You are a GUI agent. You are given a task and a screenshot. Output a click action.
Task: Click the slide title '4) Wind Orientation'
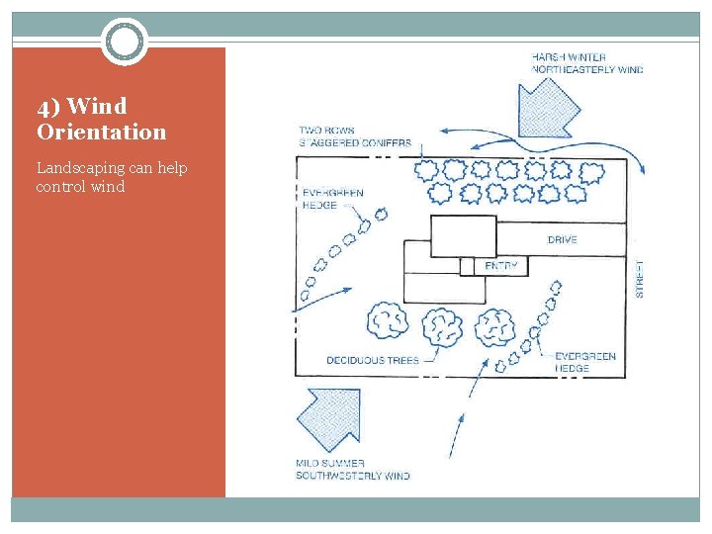(101, 119)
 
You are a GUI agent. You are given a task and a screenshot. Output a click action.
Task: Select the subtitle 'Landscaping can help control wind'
(111, 177)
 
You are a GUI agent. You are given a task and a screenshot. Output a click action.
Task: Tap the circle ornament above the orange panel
(125, 42)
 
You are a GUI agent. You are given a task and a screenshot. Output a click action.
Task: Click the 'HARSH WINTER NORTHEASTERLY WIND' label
(586, 63)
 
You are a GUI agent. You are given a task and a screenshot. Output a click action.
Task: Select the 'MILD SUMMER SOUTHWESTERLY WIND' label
(352, 470)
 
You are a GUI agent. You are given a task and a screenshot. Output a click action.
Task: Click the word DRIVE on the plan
(562, 240)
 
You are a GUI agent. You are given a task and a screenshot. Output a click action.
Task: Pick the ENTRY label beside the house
(501, 267)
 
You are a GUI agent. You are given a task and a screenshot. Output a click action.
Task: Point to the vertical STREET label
(640, 279)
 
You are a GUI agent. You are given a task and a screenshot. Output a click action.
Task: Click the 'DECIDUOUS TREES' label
(372, 361)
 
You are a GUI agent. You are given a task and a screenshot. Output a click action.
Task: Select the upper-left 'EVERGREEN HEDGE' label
(332, 199)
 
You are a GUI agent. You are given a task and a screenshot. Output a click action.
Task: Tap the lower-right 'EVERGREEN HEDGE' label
(585, 362)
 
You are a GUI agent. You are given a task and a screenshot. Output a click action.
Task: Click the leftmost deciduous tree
(388, 320)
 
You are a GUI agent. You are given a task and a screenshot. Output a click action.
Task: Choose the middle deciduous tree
(442, 326)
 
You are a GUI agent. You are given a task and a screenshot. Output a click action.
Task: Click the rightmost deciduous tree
(494, 325)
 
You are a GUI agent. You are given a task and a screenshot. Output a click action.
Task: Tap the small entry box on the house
(468, 267)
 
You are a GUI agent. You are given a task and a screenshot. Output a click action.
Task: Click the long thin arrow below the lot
(456, 435)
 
